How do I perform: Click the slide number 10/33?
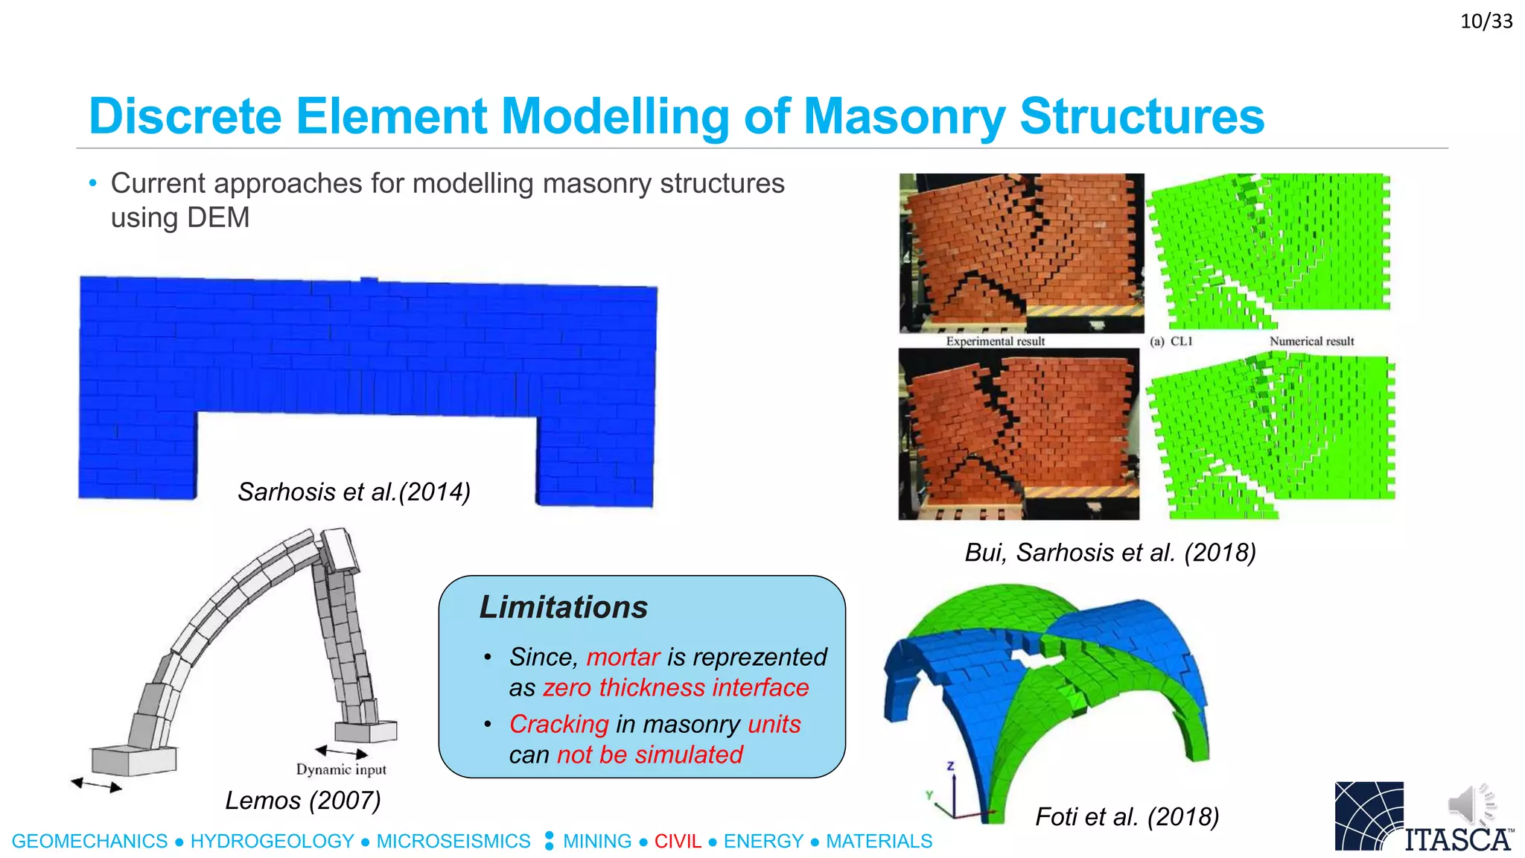click(1486, 21)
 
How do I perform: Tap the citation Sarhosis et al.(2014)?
click(354, 492)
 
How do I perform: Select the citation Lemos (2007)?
click(302, 800)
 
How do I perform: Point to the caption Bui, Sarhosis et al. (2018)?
click(1109, 552)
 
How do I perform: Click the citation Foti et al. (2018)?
click(1127, 816)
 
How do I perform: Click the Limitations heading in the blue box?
click(563, 607)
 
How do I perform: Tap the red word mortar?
click(623, 657)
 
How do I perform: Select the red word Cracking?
click(558, 724)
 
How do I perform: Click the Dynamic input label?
click(341, 769)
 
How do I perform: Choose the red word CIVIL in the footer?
click(678, 841)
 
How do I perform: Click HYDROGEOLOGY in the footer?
click(272, 841)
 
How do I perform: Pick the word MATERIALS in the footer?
click(879, 841)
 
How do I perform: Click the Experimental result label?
click(995, 341)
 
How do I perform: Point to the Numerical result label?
click(1311, 341)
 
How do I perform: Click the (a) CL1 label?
click(1171, 341)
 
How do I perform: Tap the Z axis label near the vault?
click(950, 766)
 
